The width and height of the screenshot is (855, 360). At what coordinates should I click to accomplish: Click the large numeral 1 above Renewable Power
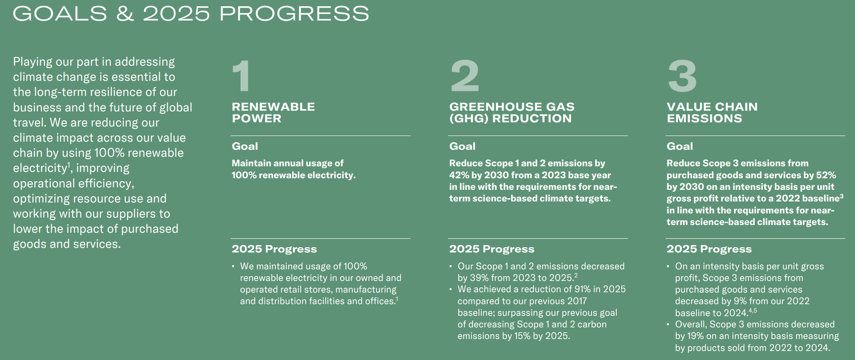241,76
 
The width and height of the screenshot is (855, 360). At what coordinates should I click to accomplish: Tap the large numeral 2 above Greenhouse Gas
464,76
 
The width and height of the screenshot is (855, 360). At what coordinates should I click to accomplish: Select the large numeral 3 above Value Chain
682,76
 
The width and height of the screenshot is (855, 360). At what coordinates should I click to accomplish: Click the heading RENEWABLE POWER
273,113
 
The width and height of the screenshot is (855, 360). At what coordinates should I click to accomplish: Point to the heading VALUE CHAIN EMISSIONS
712,113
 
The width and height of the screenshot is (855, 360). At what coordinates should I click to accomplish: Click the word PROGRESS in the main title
294,13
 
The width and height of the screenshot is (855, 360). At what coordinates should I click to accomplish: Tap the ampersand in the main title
125,13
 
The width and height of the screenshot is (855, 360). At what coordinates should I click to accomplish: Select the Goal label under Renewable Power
245,146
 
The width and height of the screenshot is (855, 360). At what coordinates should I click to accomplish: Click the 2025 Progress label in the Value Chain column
709,249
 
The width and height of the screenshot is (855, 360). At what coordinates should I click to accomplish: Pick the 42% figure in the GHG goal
458,175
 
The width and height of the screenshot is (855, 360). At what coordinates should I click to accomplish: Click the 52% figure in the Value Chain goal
827,175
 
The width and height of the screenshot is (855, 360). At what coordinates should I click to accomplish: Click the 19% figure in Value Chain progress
696,336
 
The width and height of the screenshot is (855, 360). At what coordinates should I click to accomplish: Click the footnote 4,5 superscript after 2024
752,311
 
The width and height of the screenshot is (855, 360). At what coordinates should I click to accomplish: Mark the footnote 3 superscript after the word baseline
841,196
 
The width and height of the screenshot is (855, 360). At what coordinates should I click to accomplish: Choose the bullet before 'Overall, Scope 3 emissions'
668,324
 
